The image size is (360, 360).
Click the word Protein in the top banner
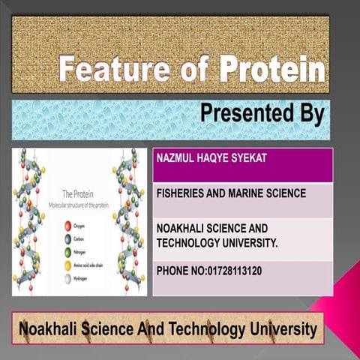click(273, 71)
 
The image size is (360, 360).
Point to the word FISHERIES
click(181, 193)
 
